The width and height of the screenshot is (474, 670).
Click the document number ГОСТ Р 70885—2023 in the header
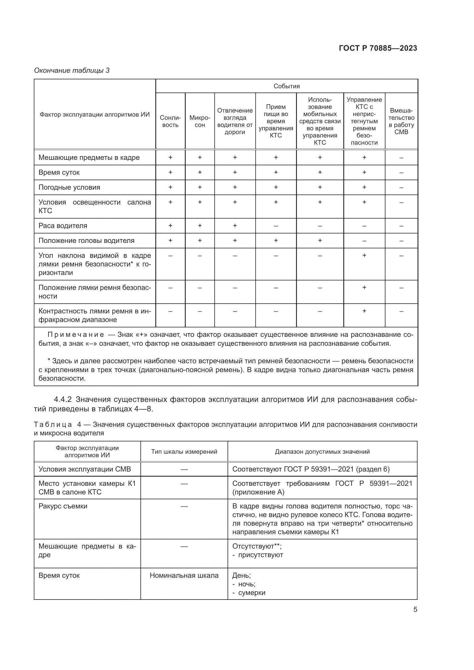click(378, 48)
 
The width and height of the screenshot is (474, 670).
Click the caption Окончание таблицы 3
click(72, 70)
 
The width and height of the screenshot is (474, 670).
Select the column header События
click(286, 86)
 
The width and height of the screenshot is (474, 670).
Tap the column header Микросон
click(200, 121)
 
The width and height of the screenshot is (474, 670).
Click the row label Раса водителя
click(63, 225)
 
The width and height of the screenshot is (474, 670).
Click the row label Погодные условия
click(69, 187)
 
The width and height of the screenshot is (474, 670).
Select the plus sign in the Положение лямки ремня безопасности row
click(364, 287)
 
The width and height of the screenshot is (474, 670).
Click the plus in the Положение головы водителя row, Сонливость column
click(170, 240)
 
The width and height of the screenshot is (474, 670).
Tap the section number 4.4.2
click(63, 399)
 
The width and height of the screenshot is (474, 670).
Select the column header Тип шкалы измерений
click(184, 451)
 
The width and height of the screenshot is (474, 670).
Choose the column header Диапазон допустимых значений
click(322, 451)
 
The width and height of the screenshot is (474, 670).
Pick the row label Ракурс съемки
click(63, 506)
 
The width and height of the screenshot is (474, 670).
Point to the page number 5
click(415, 609)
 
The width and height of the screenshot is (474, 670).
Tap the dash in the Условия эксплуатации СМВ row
click(184, 469)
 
